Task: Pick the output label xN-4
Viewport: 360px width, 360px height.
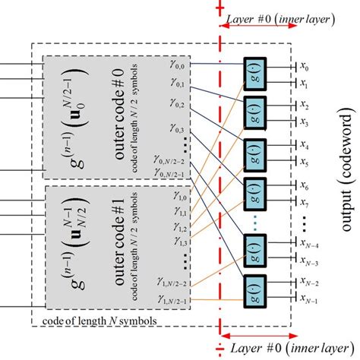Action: [x=308, y=242]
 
